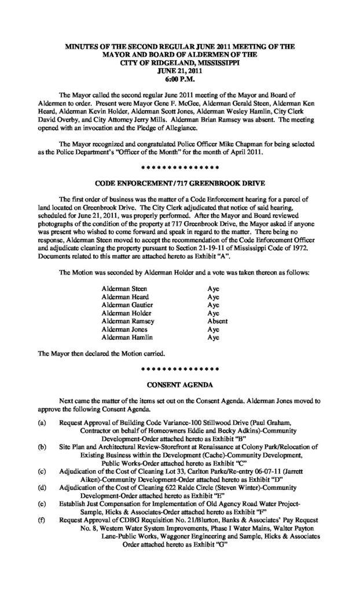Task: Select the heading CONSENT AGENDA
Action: [x=181, y=383]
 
